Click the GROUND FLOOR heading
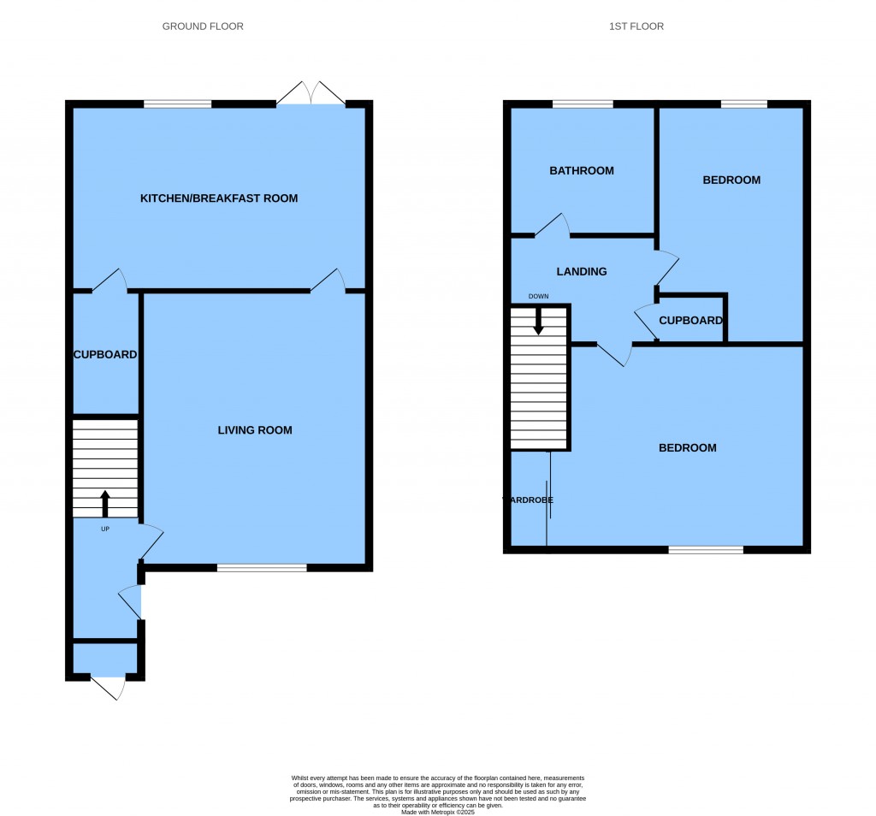coord(203,27)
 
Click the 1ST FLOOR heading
coord(636,27)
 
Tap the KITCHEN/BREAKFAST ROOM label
coord(219,198)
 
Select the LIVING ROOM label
coord(255,430)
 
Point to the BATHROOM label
coord(582,171)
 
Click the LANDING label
coord(582,272)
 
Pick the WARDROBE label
coord(528,500)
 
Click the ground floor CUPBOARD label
coord(105,354)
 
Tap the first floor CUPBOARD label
coord(690,321)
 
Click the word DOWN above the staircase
coord(538,297)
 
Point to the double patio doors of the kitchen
coord(311,95)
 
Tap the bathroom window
coord(583,104)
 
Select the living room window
coord(262,567)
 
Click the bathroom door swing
coord(553,225)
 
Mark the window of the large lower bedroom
coord(706,549)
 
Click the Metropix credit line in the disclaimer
coord(437,811)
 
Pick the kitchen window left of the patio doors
coord(177,104)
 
